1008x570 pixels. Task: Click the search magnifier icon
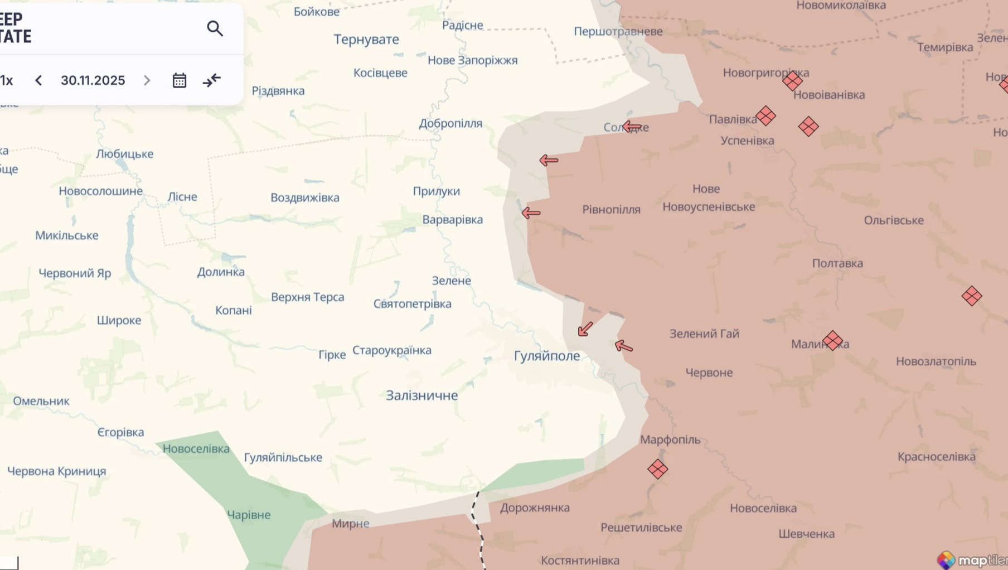[x=215, y=28]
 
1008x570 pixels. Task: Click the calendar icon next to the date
[x=179, y=80]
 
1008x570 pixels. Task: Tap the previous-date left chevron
[x=38, y=80]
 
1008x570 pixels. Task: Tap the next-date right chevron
[x=147, y=80]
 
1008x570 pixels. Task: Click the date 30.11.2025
[x=93, y=80]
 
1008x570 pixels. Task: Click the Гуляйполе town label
[x=546, y=356]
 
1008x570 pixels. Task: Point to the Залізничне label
[x=421, y=395]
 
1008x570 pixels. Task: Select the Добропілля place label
[x=450, y=123]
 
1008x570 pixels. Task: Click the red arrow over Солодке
[x=632, y=127]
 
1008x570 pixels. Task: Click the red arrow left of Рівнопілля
[x=531, y=212]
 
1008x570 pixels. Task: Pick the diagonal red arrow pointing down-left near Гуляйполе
[x=585, y=329]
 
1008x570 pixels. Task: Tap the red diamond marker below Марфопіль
[x=657, y=469]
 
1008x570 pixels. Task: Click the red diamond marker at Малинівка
[x=832, y=340]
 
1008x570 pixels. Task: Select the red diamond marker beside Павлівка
[x=765, y=116]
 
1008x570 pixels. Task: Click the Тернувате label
[x=366, y=40]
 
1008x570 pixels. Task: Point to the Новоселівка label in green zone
[x=196, y=449]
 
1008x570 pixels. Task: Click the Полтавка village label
[x=837, y=263]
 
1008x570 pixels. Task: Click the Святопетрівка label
[x=412, y=304]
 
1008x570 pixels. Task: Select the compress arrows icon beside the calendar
[x=211, y=80]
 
